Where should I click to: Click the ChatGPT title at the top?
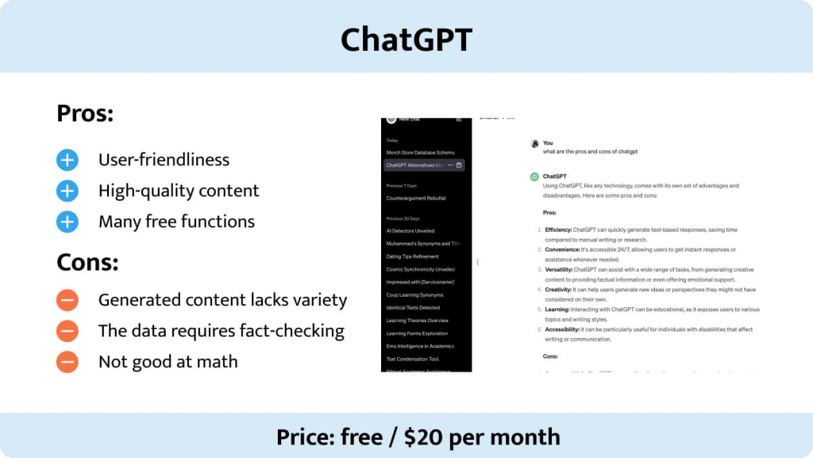[x=406, y=38]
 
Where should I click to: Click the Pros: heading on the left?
[x=85, y=114]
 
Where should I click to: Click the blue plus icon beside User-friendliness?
[x=67, y=160]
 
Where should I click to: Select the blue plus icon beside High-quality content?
[x=67, y=191]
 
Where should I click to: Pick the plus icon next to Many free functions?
[x=67, y=221]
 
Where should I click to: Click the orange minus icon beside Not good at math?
[x=67, y=362]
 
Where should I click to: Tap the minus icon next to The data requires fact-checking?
[x=67, y=331]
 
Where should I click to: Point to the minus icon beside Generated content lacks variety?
[x=67, y=300]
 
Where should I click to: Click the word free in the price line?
[x=361, y=437]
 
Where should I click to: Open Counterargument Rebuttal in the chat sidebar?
[x=416, y=198]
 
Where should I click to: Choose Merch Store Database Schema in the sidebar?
[x=420, y=152]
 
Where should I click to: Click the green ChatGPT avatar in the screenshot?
[x=534, y=176]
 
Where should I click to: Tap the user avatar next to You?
[x=534, y=144]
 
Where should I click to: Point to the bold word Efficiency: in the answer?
[x=558, y=229]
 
